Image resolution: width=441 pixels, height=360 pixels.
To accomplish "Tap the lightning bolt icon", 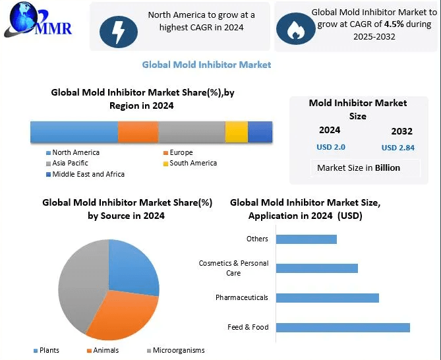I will pos(118,30).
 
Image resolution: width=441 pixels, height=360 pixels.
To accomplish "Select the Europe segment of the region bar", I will pos(138,132).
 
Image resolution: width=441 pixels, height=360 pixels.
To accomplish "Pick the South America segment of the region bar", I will pos(236,132).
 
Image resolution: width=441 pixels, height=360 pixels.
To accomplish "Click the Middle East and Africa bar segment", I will pos(260,132).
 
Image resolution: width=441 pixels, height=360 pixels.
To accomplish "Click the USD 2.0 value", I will pos(331,147).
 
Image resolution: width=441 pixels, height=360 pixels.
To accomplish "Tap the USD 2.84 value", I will pos(398,148).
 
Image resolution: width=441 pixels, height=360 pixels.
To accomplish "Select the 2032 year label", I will pos(401,131).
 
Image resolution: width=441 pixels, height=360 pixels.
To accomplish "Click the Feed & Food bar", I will pos(343,328).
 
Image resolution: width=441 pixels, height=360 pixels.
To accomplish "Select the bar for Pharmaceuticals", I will pos(328,298).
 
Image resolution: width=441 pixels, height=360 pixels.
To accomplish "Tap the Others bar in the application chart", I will pos(307,239).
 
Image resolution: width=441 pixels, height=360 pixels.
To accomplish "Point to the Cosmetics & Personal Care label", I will pos(233,268).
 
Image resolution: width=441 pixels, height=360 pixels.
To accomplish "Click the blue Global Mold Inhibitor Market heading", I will pos(206,65).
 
